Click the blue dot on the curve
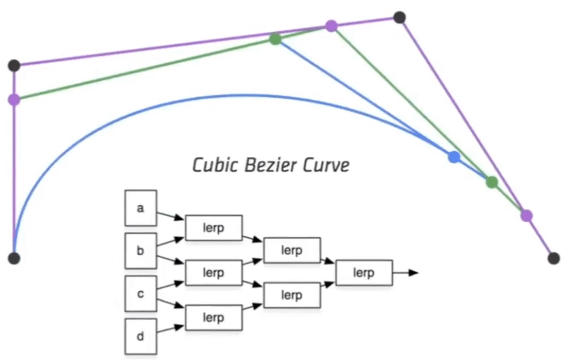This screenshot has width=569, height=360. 454,157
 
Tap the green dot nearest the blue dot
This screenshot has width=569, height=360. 492,182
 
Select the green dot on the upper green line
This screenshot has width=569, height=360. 275,39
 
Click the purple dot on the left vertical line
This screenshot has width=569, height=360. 14,100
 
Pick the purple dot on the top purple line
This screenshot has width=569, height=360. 331,26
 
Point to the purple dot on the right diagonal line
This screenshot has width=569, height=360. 526,215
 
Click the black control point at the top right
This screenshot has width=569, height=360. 400,17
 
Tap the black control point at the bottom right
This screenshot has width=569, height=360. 554,258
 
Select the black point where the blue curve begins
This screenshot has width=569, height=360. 14,258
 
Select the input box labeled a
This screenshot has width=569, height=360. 141,208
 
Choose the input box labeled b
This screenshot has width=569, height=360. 141,251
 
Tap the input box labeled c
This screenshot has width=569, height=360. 141,294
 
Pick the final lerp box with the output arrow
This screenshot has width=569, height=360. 364,272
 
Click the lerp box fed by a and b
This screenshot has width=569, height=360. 213,228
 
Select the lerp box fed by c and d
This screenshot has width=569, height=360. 213,317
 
